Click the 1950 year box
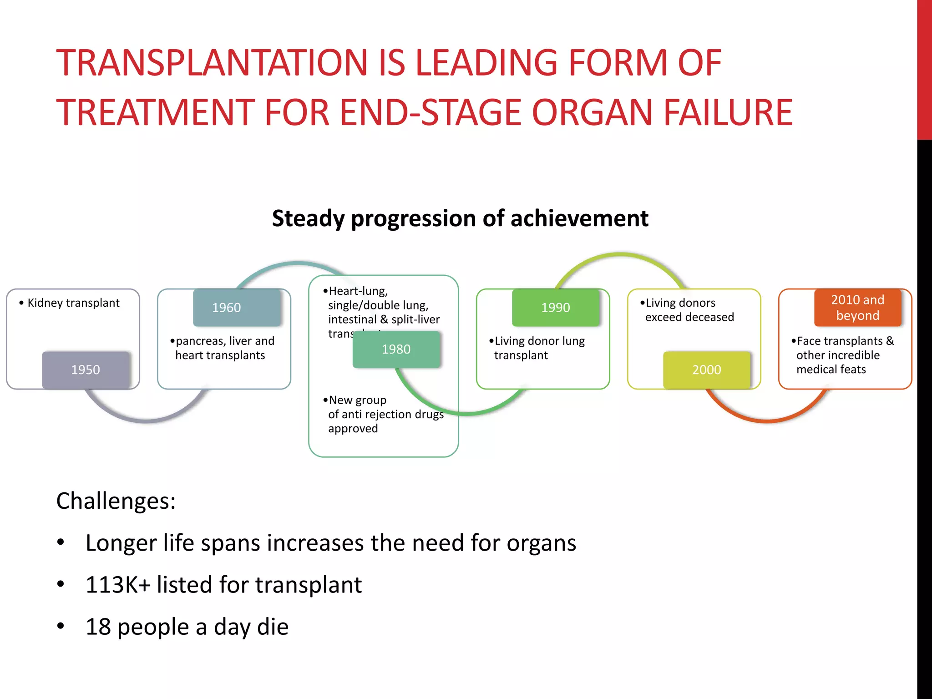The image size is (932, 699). pos(86,370)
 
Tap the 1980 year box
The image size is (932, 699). pos(396,349)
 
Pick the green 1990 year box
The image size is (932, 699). pos(556,308)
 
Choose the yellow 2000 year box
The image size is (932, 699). pos(706,370)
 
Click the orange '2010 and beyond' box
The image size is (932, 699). pos(857,308)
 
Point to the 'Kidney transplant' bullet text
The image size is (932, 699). pos(73,303)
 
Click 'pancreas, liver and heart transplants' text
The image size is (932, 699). pos(223,348)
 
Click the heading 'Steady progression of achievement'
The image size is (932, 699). pos(460,218)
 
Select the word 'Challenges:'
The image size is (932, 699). pos(116,501)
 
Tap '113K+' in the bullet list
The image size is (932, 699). pos(117,585)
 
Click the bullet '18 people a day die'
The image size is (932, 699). pos(187,627)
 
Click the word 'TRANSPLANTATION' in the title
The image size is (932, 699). pos(212,63)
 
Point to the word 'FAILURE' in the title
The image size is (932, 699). pos(728,112)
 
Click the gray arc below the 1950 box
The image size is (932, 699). pos(146,420)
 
